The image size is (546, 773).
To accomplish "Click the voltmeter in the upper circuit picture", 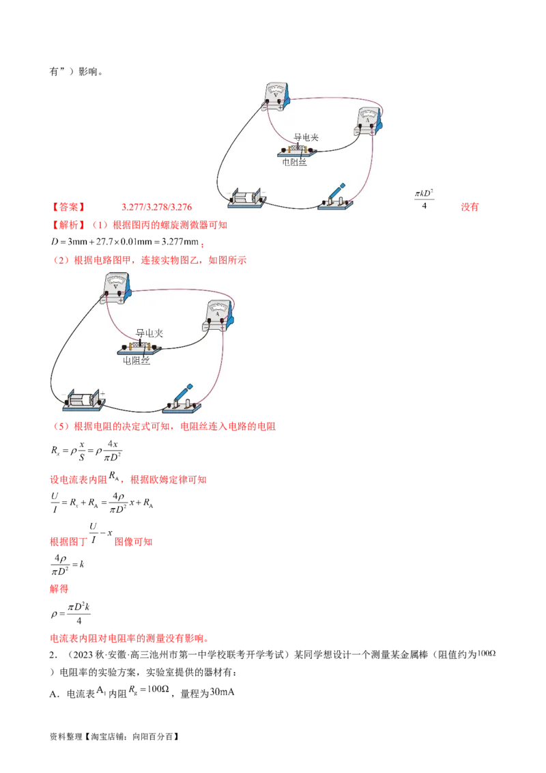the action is coord(276,97).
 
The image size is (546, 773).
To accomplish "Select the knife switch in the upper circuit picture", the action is coord(336,197).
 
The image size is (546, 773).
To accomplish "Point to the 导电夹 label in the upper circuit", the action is coord(306,137).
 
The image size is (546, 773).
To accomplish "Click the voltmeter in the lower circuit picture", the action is coord(117,288).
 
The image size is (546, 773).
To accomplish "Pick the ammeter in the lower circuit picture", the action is coord(218,315).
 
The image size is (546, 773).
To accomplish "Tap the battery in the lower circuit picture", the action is coord(84,399).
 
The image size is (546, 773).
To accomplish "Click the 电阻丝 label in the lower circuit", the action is coord(136,361).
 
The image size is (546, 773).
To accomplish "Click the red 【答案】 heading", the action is coord(68,207).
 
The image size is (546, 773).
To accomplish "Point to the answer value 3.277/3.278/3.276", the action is coord(157,207).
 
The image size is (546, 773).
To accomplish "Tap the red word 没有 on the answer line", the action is coord(470,207).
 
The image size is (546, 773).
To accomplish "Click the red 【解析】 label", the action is coord(68,225).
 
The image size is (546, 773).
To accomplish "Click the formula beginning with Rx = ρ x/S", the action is coord(86,451).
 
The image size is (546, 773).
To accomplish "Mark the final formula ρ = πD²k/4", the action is coord(70,614).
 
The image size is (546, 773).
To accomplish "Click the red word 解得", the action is coord(59,589).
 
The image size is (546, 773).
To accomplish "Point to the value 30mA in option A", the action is coord(222,692).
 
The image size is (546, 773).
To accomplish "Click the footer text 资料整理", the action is coord(66,737).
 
